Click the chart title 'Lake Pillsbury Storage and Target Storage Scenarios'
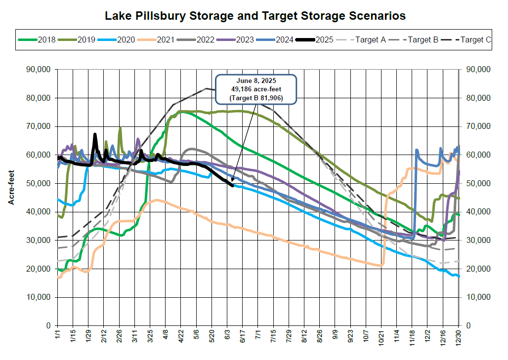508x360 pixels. tap(255, 16)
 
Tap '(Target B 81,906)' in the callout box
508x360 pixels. tap(255, 98)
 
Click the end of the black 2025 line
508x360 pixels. tap(232, 186)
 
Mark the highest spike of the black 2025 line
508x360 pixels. tap(95, 134)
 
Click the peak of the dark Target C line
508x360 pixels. tap(206, 89)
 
